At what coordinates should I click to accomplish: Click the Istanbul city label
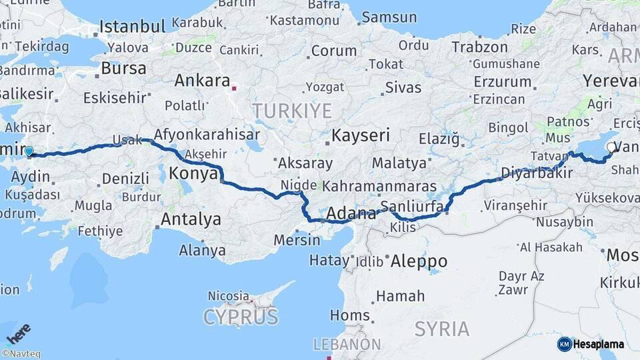[x=132, y=27]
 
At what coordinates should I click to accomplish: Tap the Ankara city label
[x=201, y=81]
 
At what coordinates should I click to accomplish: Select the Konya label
[x=193, y=174]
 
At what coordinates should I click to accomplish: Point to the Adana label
[x=352, y=215]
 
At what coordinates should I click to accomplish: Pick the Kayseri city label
[x=361, y=135]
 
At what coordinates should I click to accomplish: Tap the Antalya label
[x=191, y=219]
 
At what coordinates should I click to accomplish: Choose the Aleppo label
[x=419, y=260]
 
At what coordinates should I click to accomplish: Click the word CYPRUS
[x=241, y=317]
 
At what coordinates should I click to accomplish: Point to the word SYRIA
[x=442, y=329]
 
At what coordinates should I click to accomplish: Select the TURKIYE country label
[x=292, y=111]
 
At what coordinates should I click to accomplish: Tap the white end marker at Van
[x=612, y=147]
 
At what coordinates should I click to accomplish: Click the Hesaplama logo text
[x=598, y=344]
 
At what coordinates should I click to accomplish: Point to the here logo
[x=18, y=334]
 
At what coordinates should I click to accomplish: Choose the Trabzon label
[x=480, y=47]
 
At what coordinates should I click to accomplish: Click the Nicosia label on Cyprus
[x=229, y=295]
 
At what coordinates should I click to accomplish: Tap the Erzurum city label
[x=503, y=82]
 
